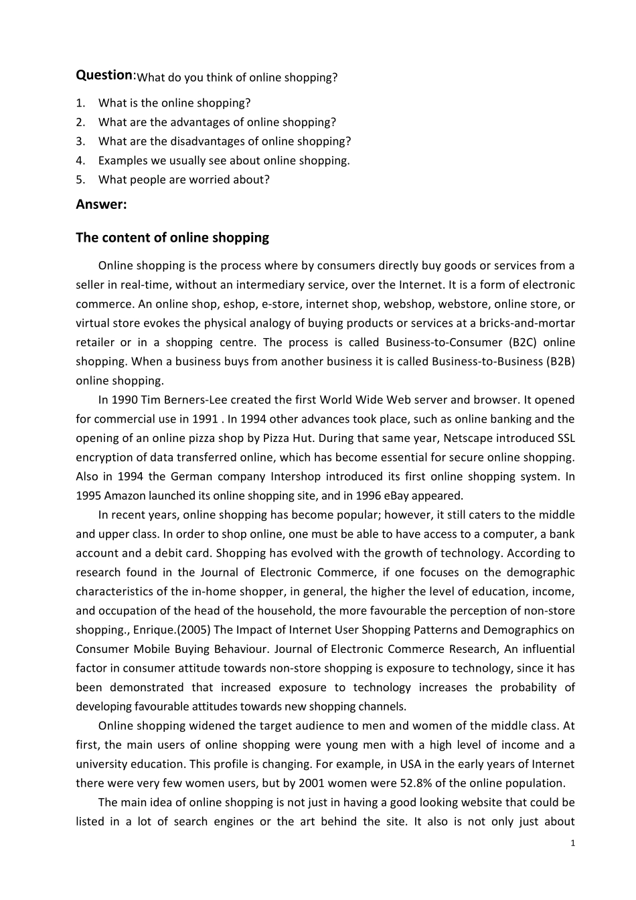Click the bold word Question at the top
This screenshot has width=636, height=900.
(x=104, y=75)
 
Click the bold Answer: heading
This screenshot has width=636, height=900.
(x=101, y=205)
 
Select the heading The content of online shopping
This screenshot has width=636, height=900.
(x=172, y=238)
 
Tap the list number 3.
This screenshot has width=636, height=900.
(x=80, y=141)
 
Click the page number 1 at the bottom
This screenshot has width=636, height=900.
(x=572, y=844)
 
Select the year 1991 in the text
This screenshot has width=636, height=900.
(x=205, y=419)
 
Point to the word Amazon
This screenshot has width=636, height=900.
(x=125, y=496)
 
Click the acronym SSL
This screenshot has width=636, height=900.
(x=566, y=439)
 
